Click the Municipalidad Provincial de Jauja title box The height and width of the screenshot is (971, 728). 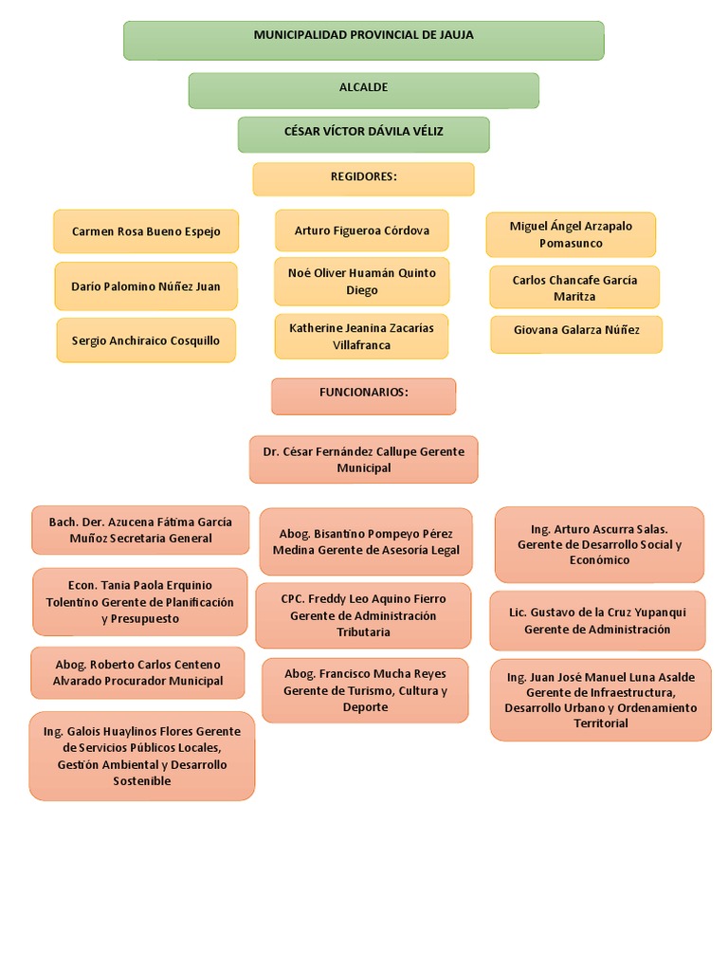pyautogui.click(x=363, y=40)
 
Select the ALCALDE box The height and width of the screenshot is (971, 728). pyautogui.click(x=363, y=90)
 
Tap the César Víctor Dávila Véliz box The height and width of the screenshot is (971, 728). pyautogui.click(x=363, y=134)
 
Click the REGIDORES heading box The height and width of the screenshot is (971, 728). pyautogui.click(x=363, y=178)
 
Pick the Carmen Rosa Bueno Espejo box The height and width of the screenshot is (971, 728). pyautogui.click(x=146, y=231)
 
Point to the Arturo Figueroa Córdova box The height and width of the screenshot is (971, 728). pyautogui.click(x=362, y=230)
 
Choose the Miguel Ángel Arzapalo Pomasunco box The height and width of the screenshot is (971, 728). pyautogui.click(x=571, y=234)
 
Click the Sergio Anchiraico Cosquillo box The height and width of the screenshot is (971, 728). pyautogui.click(x=145, y=340)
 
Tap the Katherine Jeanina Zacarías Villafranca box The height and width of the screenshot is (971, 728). pyautogui.click(x=361, y=337)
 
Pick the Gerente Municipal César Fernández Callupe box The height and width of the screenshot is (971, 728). pyautogui.click(x=363, y=460)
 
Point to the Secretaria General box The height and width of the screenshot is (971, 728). pyautogui.click(x=140, y=530)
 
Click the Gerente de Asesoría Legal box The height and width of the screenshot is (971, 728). pyautogui.click(x=366, y=541)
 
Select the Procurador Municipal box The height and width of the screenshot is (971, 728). pyautogui.click(x=138, y=673)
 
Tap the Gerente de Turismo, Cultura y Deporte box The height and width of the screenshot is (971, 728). pyautogui.click(x=365, y=690)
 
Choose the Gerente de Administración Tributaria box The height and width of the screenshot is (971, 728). pyautogui.click(x=363, y=615)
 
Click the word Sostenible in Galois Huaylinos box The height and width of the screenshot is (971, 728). pyautogui.click(x=142, y=781)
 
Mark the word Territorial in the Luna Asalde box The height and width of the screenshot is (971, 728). pyautogui.click(x=601, y=724)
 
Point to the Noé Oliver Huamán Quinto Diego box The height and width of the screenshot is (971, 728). pyautogui.click(x=362, y=282)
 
